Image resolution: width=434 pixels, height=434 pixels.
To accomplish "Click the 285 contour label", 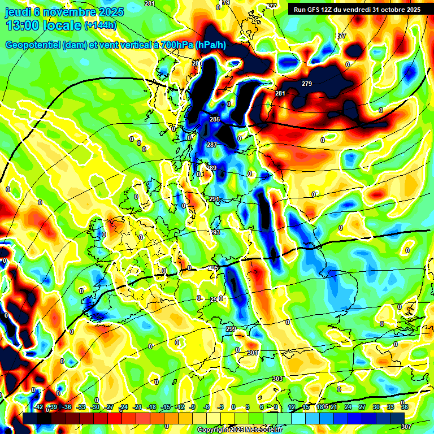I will (x=215, y=119).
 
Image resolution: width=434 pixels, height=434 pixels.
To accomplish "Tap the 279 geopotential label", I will (x=306, y=84).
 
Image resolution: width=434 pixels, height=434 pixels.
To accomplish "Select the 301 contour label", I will (x=253, y=353).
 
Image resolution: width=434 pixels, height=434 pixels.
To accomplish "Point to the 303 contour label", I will (x=277, y=379).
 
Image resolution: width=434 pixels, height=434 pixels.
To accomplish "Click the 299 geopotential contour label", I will (x=231, y=329).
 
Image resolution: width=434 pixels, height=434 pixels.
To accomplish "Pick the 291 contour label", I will (x=214, y=199).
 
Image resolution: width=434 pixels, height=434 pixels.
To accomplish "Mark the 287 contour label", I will (x=212, y=145).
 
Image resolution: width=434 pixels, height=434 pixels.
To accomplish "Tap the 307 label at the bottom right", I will (x=406, y=427).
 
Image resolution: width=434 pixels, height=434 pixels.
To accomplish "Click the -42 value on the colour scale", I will (x=38, y=407).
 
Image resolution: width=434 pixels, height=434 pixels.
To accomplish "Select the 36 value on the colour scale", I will (x=405, y=407).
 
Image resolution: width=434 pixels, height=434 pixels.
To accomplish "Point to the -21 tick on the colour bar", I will (x=137, y=407).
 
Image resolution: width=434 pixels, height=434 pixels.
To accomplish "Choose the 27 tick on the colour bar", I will (x=362, y=407).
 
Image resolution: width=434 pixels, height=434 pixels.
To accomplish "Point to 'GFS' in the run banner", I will (x=315, y=10).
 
